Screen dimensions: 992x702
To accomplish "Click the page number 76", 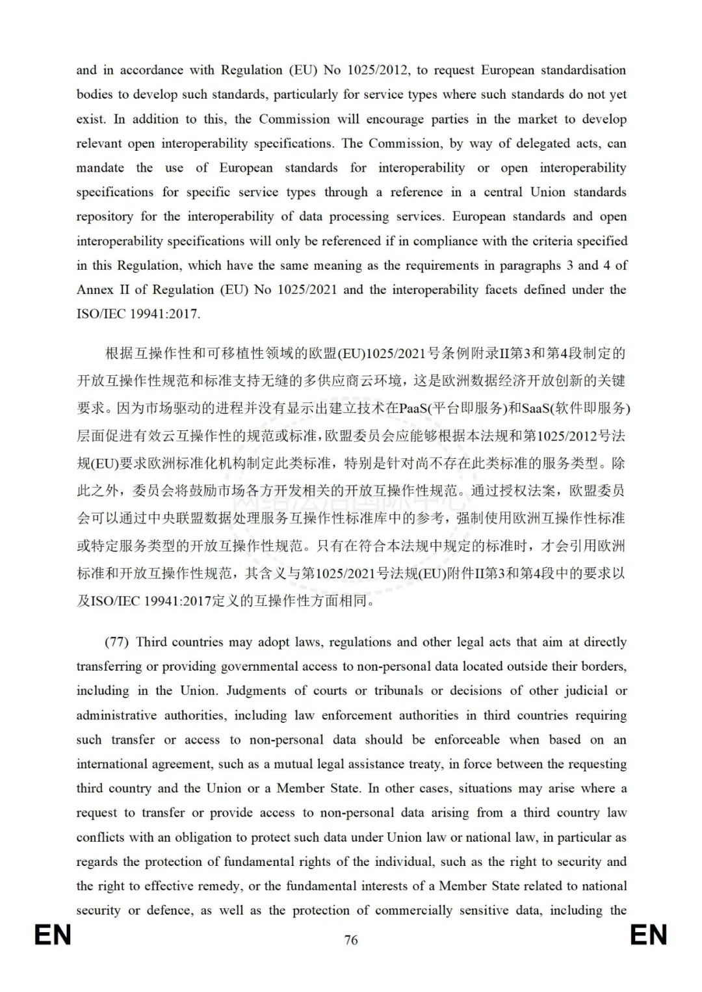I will (x=351, y=940).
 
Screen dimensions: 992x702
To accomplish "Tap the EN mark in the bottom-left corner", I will (x=53, y=935).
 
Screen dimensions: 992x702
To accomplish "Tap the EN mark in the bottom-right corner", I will (x=649, y=935).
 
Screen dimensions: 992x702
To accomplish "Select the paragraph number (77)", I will (x=117, y=642).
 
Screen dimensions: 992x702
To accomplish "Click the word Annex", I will (x=95, y=290).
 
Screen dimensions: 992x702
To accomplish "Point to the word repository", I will (x=104, y=216).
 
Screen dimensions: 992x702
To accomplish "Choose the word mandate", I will (x=100, y=168).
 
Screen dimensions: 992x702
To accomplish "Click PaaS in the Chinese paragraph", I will (x=411, y=408).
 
